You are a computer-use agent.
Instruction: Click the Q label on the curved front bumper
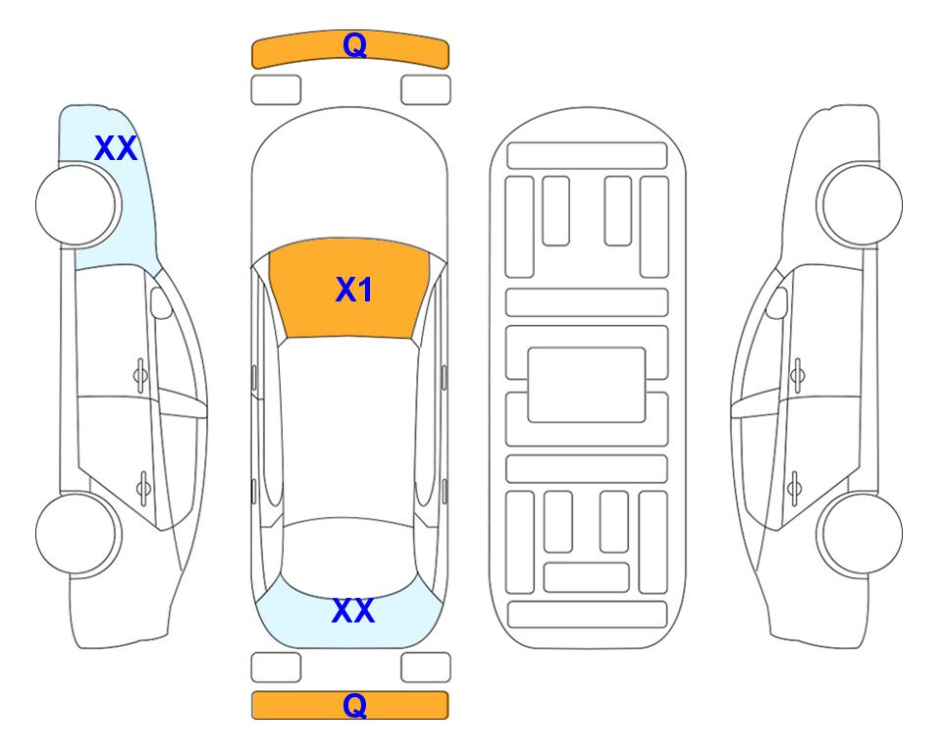[x=354, y=44]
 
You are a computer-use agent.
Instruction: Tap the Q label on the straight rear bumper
[x=354, y=705]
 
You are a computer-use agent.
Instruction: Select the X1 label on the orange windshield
[x=354, y=290]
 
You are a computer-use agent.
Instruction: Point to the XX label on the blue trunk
[x=353, y=611]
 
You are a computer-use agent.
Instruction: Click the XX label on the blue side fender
[x=116, y=148]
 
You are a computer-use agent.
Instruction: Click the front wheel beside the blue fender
[x=78, y=205]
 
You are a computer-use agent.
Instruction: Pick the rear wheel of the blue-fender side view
[x=78, y=533]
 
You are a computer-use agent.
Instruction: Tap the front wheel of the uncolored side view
[x=860, y=204]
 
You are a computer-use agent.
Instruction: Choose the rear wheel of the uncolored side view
[x=860, y=533]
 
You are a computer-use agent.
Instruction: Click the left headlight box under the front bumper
[x=276, y=90]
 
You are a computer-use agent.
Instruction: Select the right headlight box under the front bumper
[x=426, y=90]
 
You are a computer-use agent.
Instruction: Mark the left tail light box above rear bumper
[x=276, y=668]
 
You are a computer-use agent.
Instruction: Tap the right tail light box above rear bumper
[x=426, y=668]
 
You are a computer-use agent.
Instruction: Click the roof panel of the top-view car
[x=348, y=428]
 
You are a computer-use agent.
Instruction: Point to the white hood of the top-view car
[x=349, y=181]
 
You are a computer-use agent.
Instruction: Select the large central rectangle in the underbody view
[x=587, y=385]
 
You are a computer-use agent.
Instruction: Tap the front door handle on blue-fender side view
[x=140, y=375]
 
